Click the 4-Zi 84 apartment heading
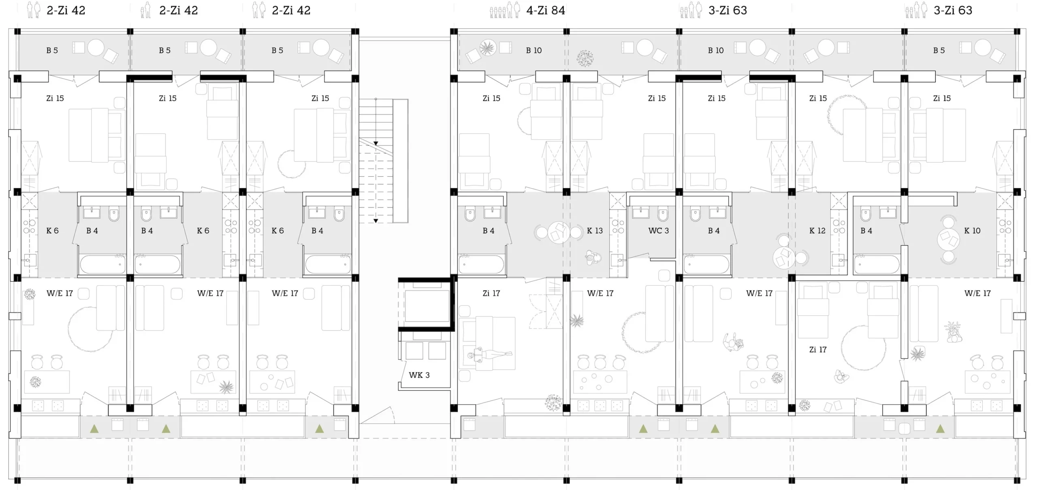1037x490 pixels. (x=545, y=10)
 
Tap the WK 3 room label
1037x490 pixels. (x=419, y=375)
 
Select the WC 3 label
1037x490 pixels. (x=659, y=231)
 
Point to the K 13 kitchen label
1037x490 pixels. (x=595, y=231)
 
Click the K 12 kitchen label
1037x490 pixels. (x=817, y=231)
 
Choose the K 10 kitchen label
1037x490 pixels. (x=972, y=231)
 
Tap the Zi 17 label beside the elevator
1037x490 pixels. (x=491, y=293)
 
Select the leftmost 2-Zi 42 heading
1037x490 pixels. (x=66, y=10)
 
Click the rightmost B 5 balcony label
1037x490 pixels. (x=939, y=50)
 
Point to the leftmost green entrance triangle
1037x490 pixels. (x=94, y=428)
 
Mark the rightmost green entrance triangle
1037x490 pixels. (x=940, y=428)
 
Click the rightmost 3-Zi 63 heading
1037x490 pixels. (x=953, y=10)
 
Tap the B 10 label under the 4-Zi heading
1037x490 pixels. (x=534, y=50)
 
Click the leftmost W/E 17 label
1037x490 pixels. (x=60, y=293)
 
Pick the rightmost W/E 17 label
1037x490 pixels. (x=977, y=293)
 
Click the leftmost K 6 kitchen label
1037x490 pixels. (x=52, y=231)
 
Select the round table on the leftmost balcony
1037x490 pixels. (x=96, y=47)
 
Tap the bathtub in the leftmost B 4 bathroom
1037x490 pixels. (x=102, y=264)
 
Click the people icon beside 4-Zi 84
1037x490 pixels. (x=505, y=10)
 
